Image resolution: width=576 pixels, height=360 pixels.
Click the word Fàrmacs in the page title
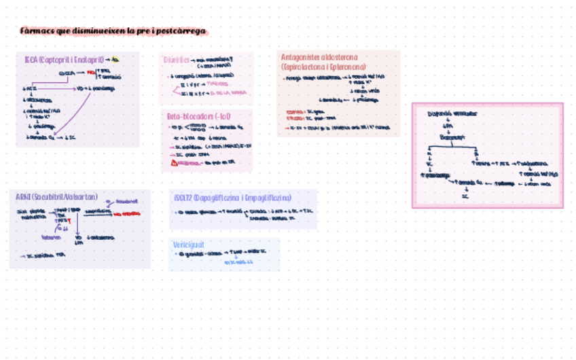[33, 31]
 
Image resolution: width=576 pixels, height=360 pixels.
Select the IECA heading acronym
[30, 60]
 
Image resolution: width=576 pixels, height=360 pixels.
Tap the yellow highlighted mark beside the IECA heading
[115, 59]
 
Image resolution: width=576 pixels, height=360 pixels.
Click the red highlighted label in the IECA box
[91, 71]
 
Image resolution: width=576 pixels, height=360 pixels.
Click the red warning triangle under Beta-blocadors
[174, 162]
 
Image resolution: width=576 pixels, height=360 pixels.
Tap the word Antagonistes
[300, 58]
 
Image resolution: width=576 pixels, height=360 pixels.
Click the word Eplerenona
[348, 67]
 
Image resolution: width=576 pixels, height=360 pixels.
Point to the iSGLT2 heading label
[182, 198]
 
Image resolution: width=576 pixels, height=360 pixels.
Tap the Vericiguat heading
[189, 244]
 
